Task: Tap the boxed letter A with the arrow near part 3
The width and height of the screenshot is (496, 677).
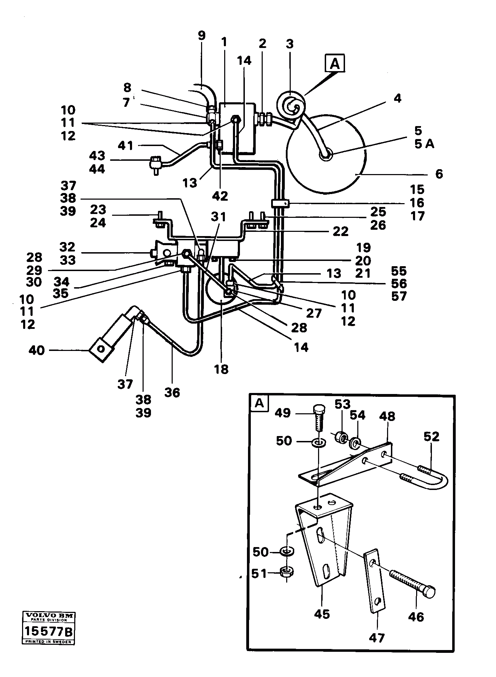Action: pyautogui.click(x=335, y=64)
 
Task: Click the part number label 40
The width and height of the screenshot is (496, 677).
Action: pyautogui.click(x=36, y=350)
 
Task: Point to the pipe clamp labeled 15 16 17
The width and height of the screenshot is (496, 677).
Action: pyautogui.click(x=280, y=203)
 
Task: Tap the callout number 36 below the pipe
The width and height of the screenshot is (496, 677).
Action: pyautogui.click(x=172, y=392)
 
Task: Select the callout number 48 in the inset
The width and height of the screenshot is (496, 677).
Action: pyautogui.click(x=387, y=416)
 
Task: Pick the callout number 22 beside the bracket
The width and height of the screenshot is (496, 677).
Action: pyautogui.click(x=340, y=231)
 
